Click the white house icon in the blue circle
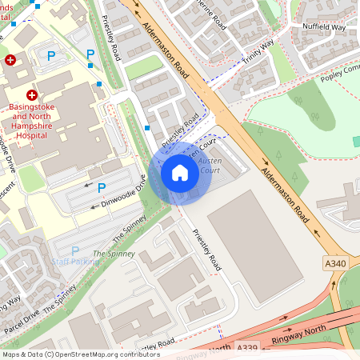pos(180,173)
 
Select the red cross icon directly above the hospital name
pos(33,95)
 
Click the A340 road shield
pos(336,263)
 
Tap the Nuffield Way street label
pos(323,26)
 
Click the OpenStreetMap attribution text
pos(80,354)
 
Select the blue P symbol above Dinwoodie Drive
pos(102,187)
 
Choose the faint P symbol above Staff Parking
pos(75,250)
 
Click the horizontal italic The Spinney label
pos(110,254)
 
